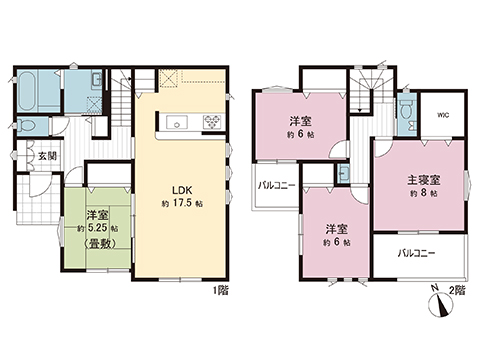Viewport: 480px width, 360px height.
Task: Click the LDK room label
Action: (x=182, y=190)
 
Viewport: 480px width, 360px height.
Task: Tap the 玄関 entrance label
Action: (x=47, y=156)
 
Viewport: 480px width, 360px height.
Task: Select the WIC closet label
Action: (x=443, y=115)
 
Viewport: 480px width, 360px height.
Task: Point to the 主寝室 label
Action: (x=424, y=180)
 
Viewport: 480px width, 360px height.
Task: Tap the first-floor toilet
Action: (x=27, y=126)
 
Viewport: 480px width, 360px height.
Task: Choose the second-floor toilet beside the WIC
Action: (x=406, y=111)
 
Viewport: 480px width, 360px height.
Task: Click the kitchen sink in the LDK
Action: (x=177, y=122)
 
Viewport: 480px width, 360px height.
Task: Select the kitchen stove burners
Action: (x=212, y=122)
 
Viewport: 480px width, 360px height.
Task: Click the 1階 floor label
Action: (x=221, y=291)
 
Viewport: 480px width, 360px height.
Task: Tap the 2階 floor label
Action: (x=457, y=290)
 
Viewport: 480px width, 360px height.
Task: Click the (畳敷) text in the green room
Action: (x=99, y=244)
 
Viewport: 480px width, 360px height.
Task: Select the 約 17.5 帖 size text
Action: (x=182, y=204)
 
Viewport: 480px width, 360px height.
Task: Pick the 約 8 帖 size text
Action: (x=424, y=193)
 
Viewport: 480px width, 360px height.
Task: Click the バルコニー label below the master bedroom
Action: (x=416, y=254)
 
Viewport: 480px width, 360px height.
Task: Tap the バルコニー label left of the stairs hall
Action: (x=277, y=185)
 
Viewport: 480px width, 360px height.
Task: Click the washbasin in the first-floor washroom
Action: (x=97, y=80)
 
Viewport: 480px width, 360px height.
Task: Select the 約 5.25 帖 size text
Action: (x=97, y=229)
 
